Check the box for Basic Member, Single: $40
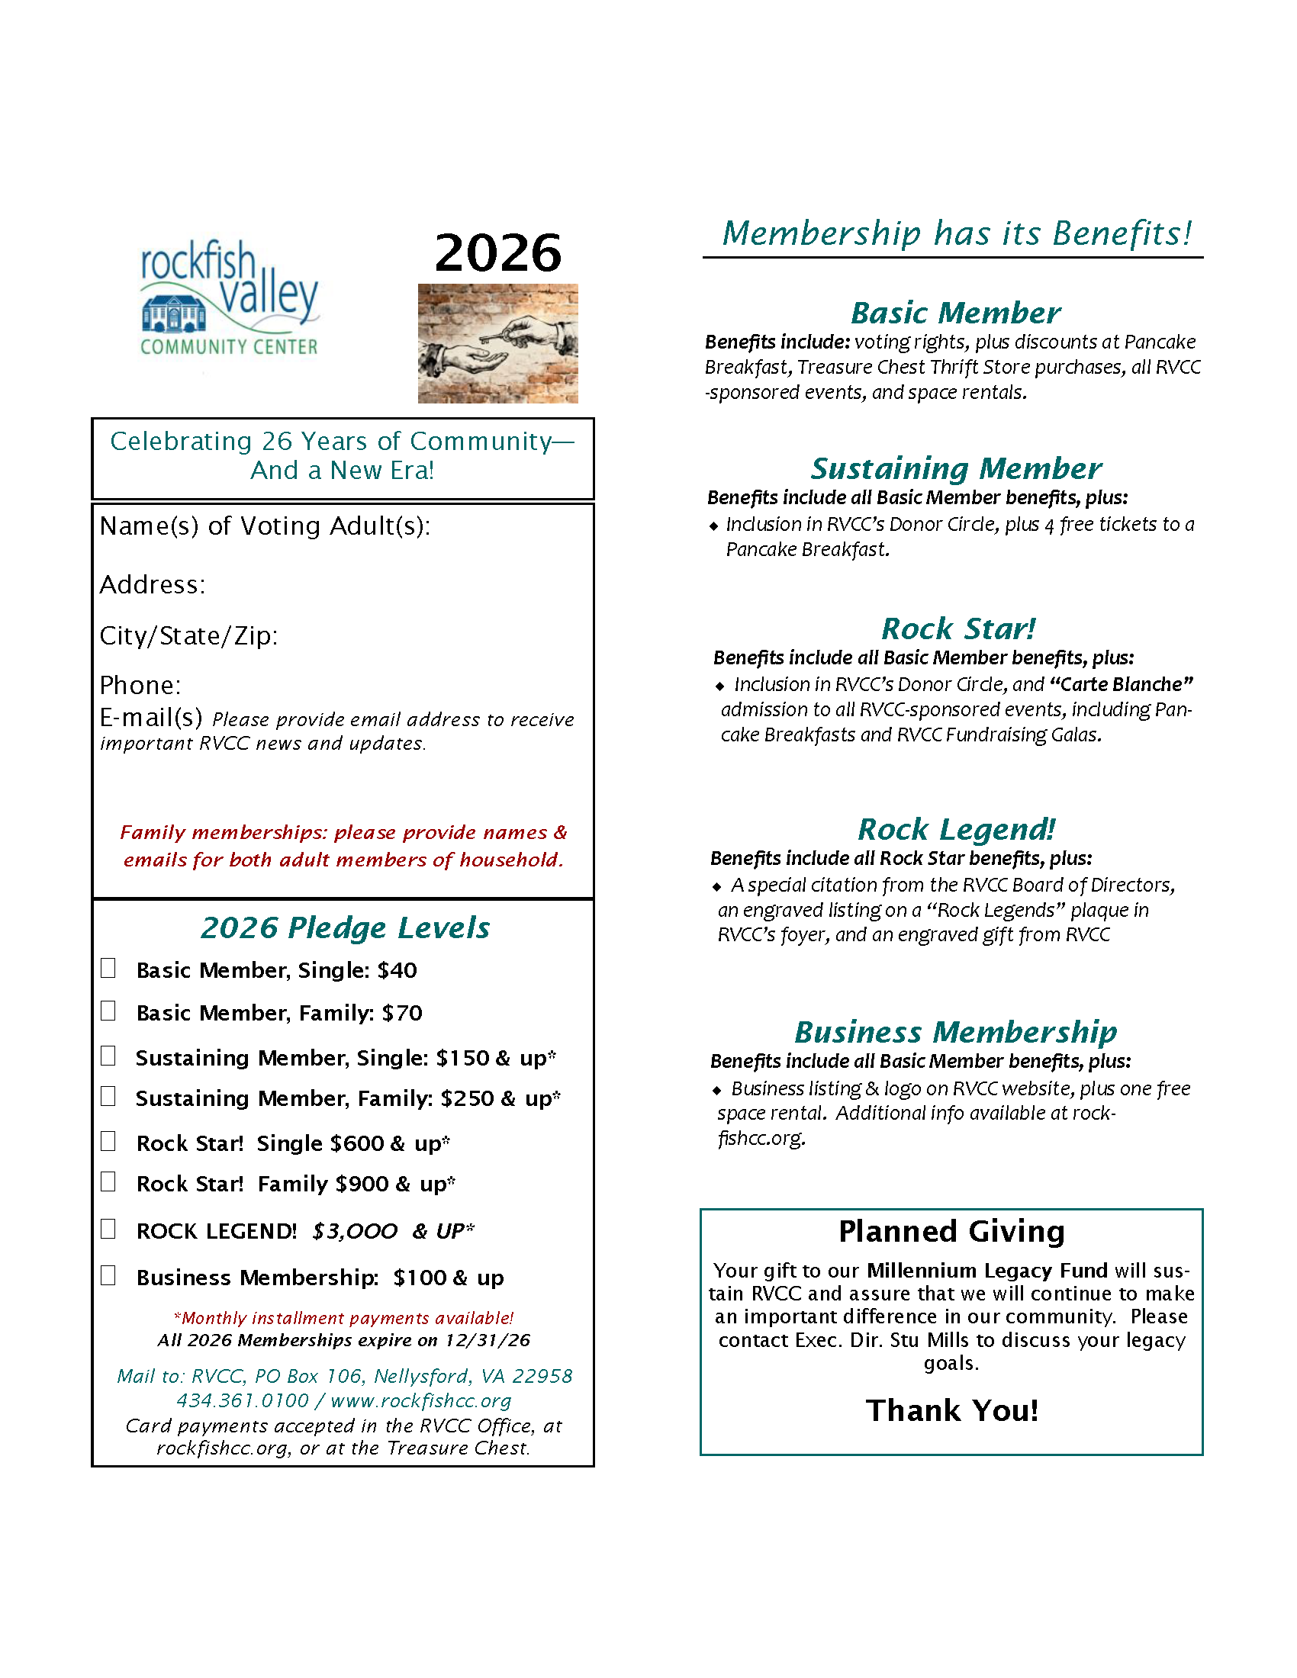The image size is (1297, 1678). (108, 968)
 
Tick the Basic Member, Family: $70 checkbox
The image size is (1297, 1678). (108, 1011)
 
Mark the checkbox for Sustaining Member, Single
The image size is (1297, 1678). (108, 1056)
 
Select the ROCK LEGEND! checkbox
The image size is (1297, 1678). (108, 1230)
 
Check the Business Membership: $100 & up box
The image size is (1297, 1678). (108, 1276)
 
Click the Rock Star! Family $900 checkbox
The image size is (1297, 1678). (108, 1181)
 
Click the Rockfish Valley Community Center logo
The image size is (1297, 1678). (229, 298)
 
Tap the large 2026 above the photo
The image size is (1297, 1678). (498, 252)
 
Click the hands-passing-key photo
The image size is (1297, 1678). (498, 343)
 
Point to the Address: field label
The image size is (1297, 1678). (152, 586)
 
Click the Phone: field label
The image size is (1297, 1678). (140, 686)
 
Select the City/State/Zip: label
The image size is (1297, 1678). (188, 636)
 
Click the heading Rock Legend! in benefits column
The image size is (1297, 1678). (956, 830)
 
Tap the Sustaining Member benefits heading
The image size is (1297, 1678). (956, 468)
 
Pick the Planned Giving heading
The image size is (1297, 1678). (951, 1232)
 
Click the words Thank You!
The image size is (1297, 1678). (951, 1410)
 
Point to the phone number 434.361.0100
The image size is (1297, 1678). (242, 1400)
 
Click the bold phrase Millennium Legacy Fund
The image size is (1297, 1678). (987, 1271)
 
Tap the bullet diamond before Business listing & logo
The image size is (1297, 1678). (717, 1090)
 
